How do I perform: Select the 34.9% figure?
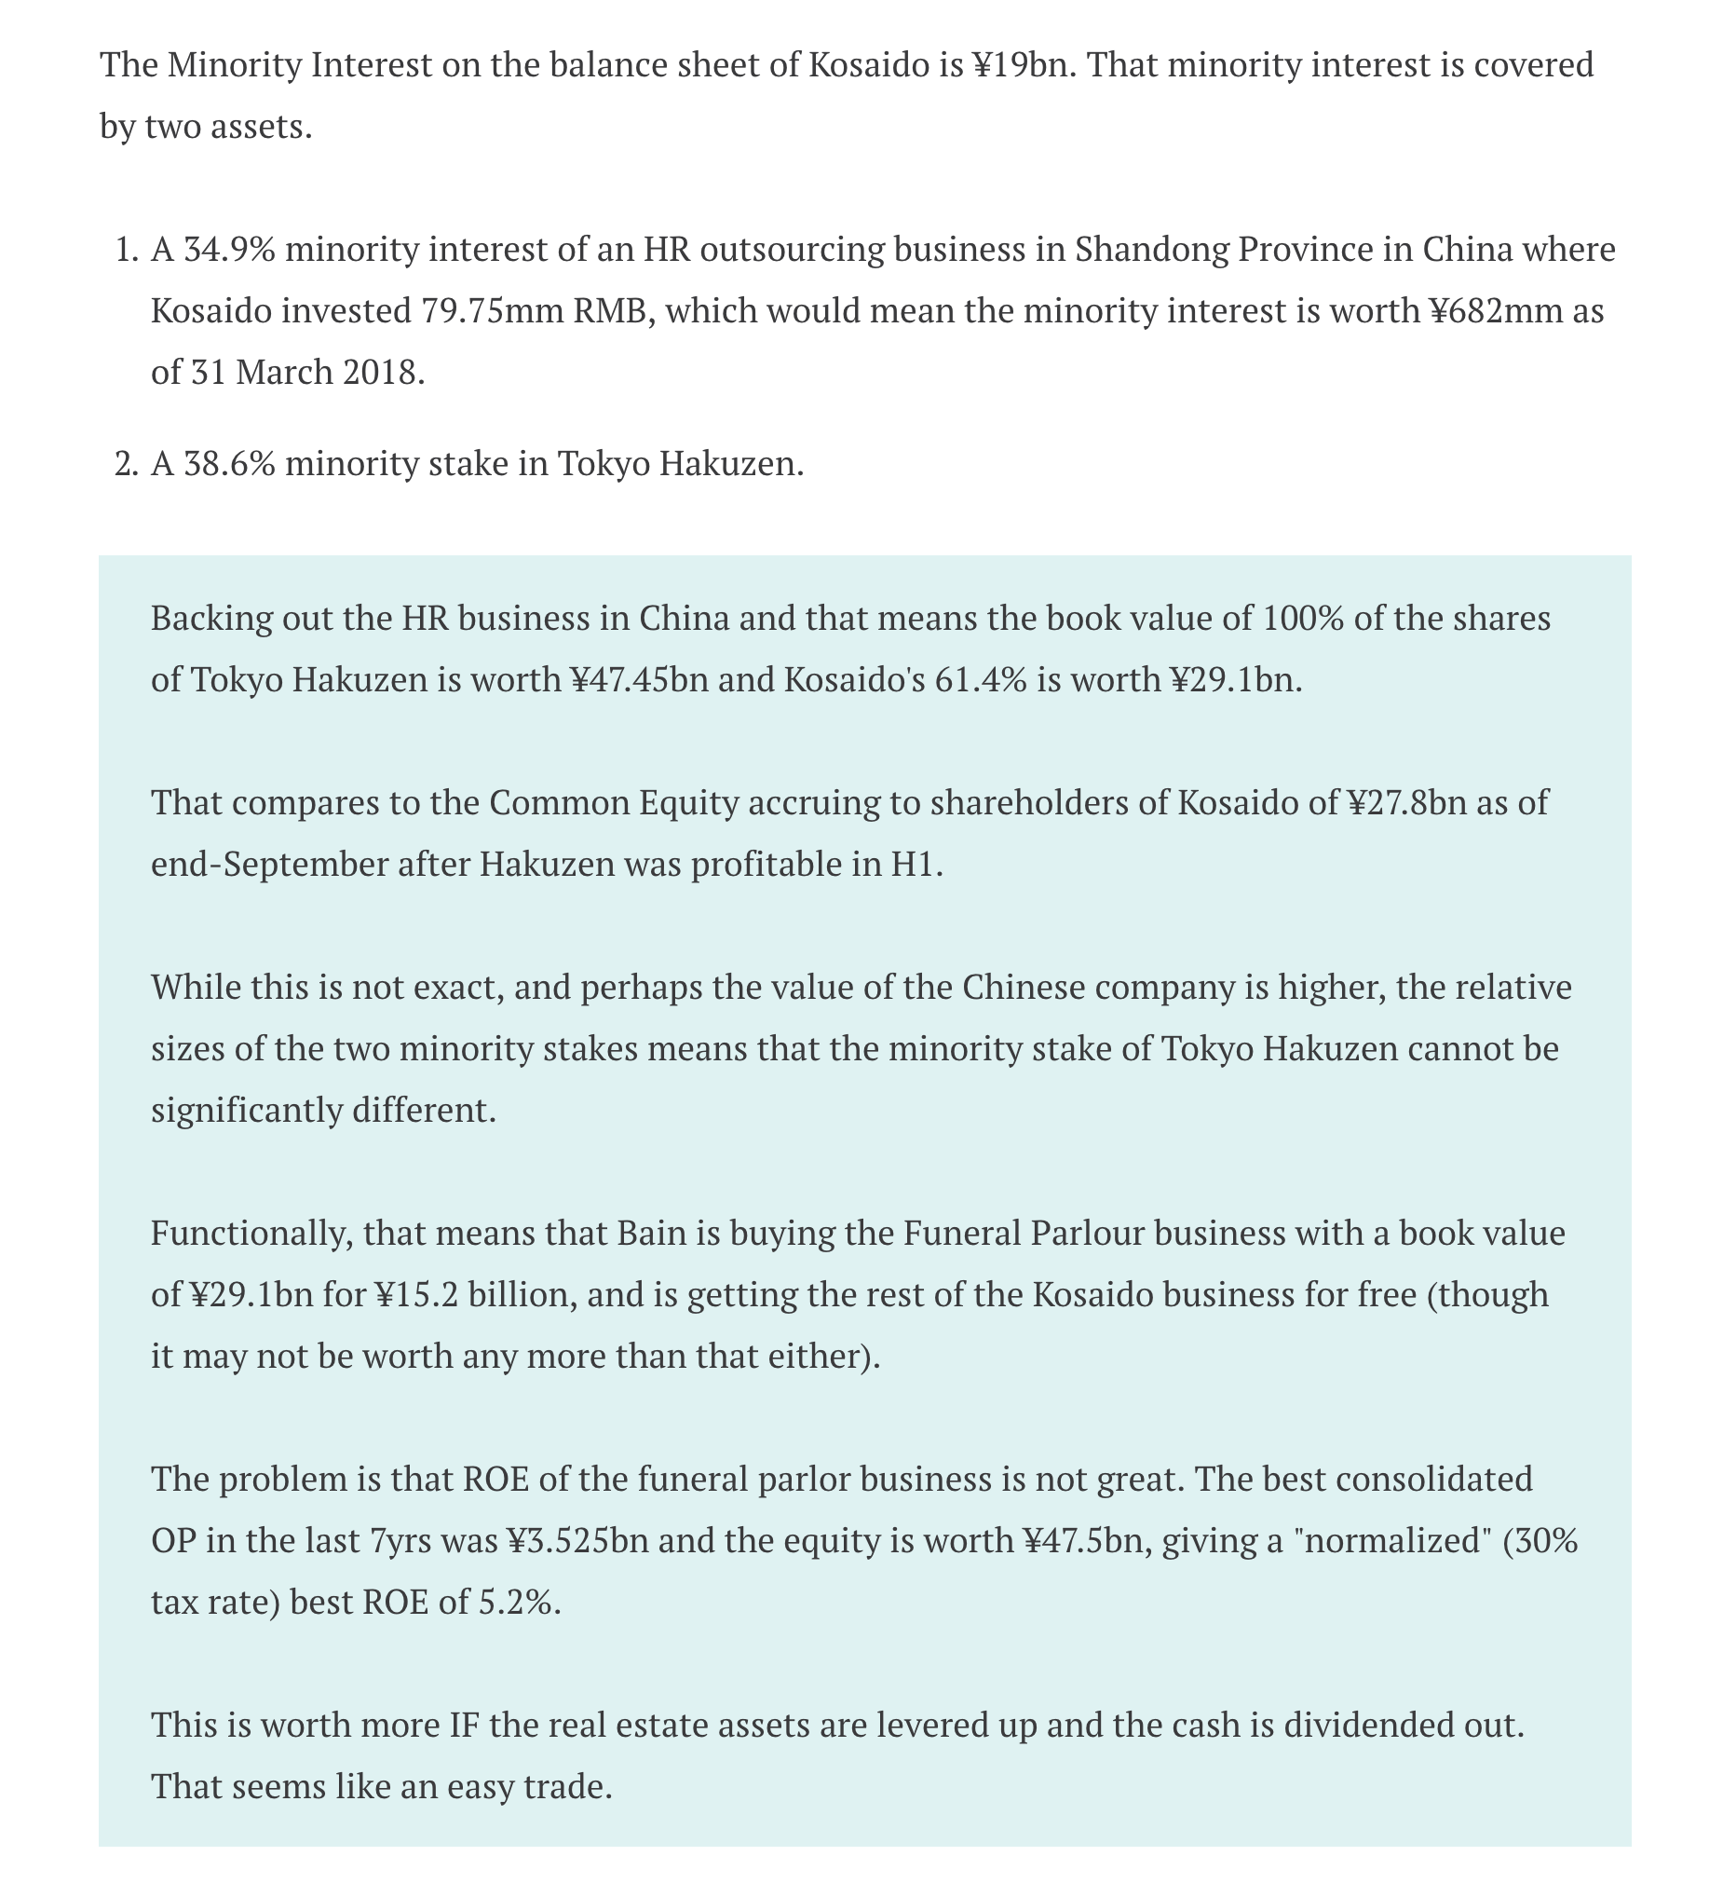pos(229,251)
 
